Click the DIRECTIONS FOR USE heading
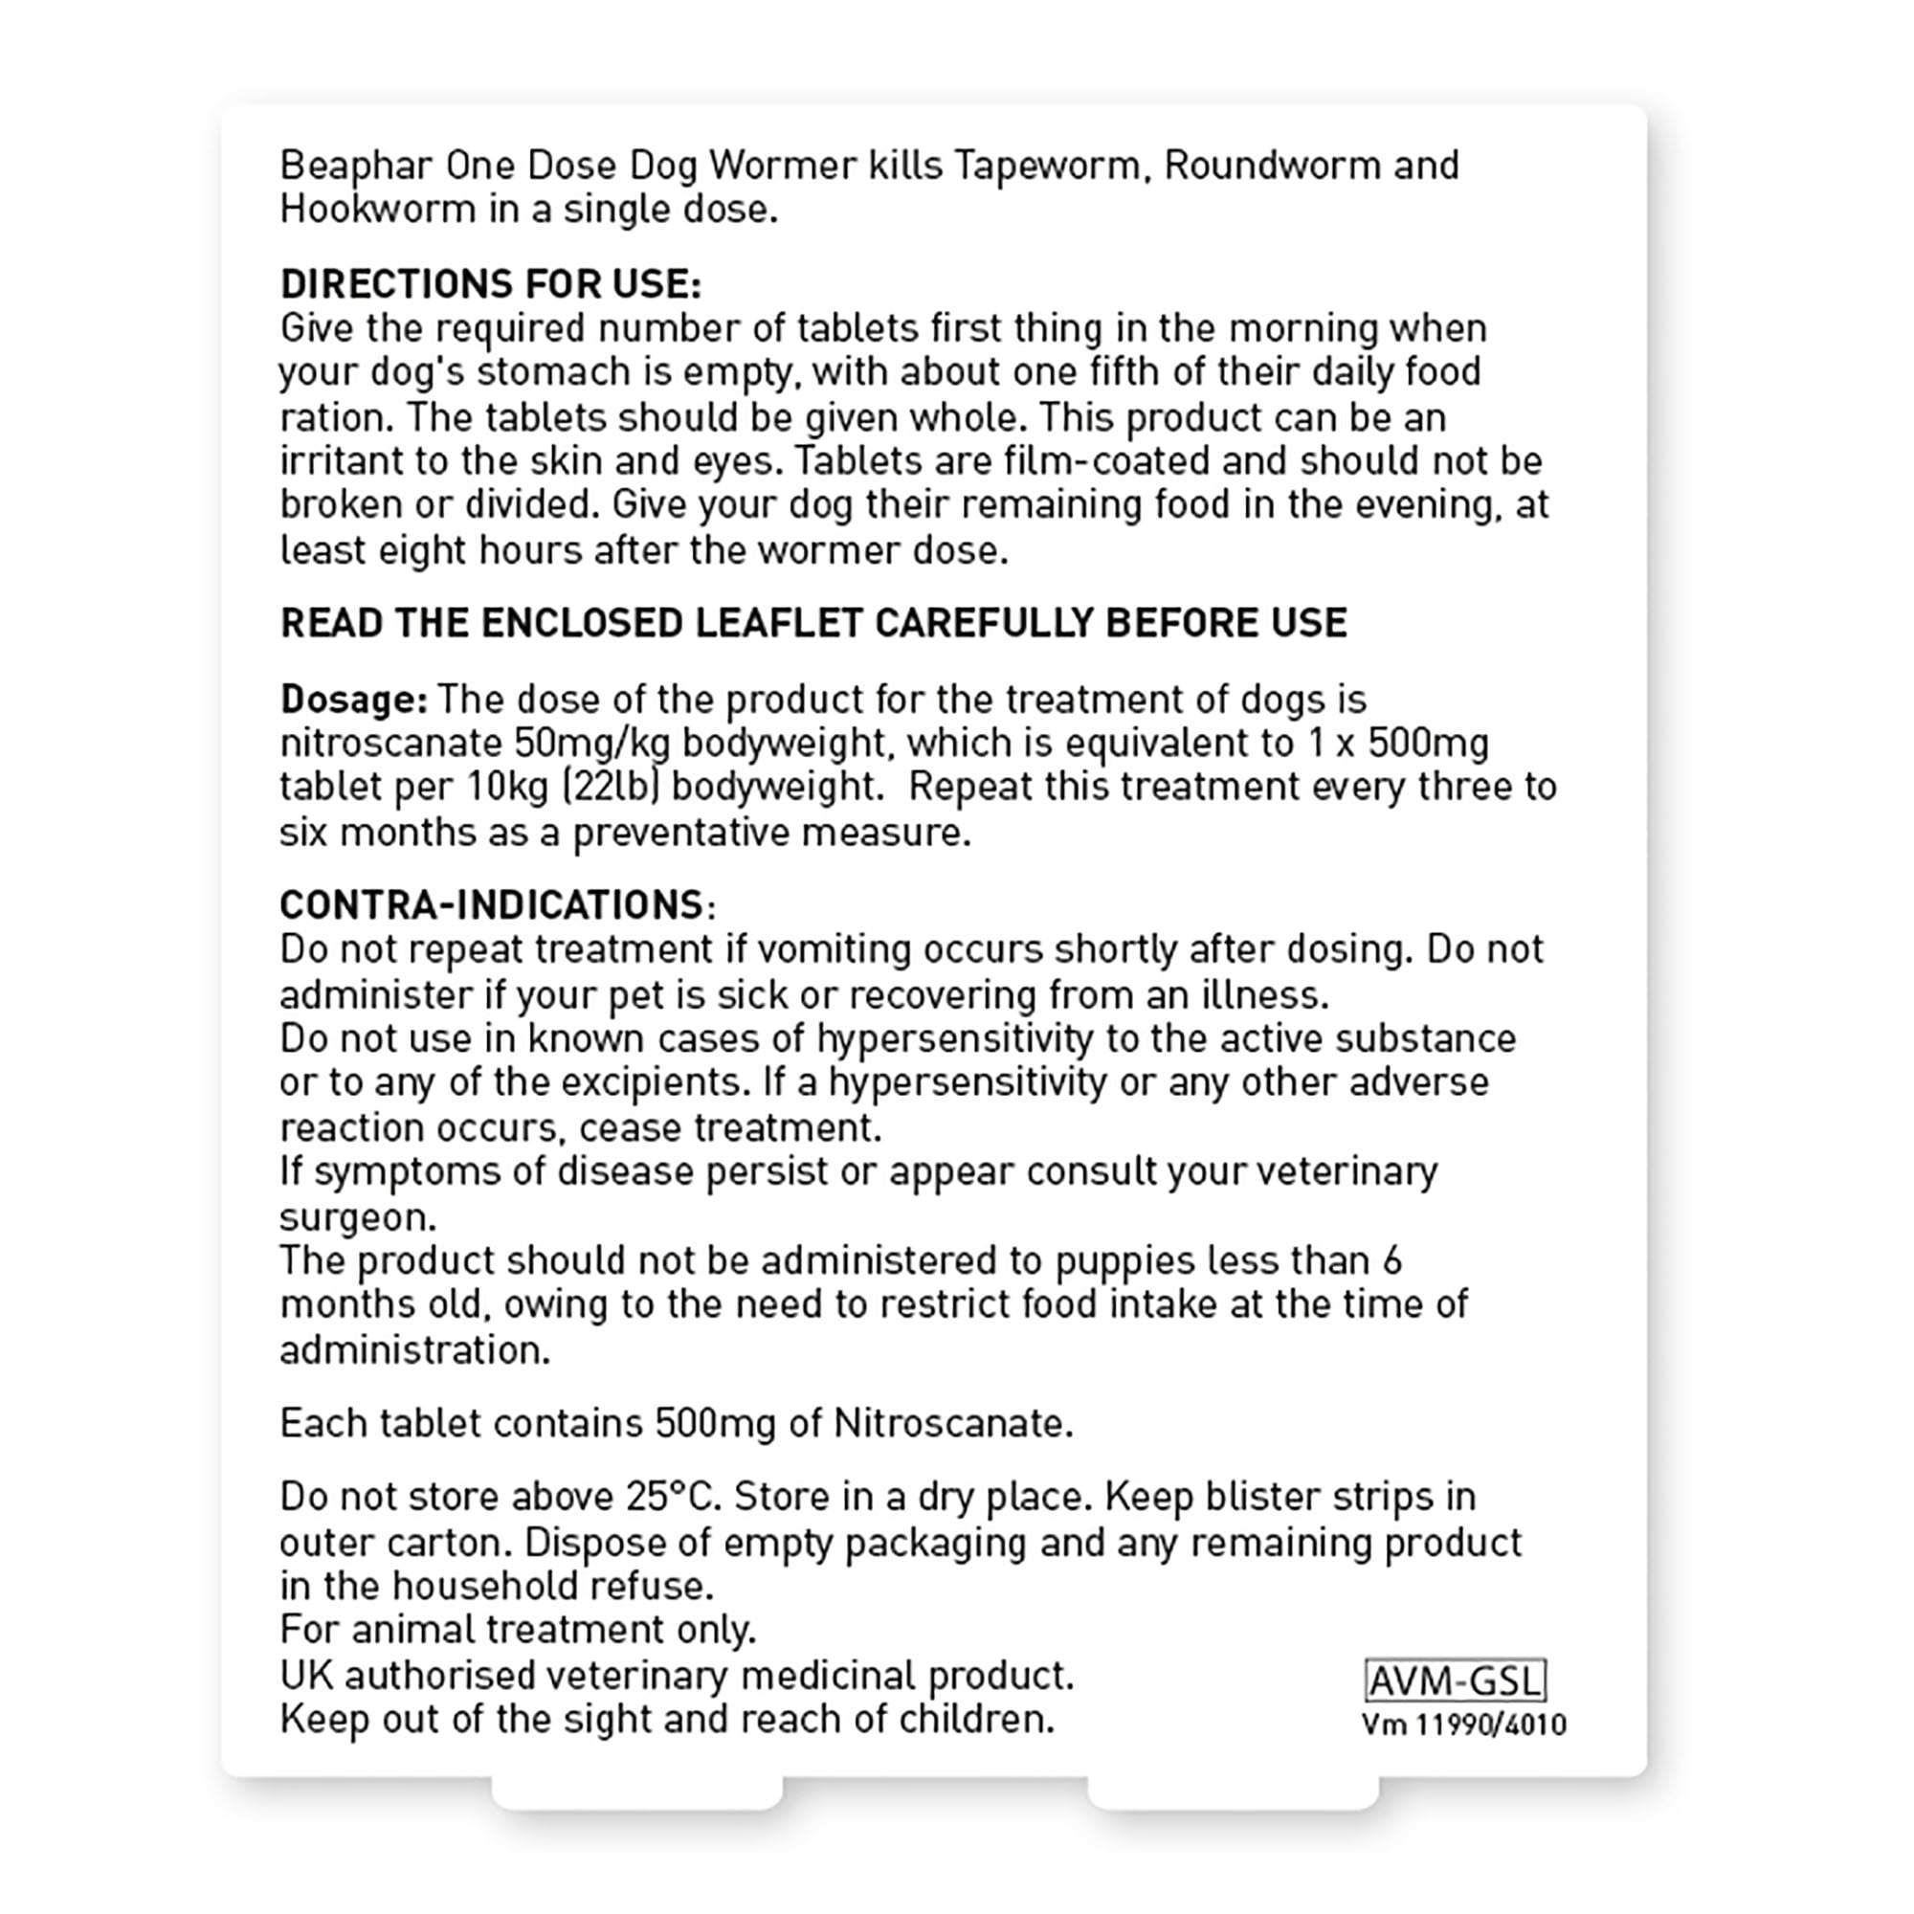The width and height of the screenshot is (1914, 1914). [490, 284]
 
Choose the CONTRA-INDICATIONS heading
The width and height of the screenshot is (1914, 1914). [491, 904]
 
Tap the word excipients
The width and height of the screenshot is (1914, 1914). [651, 1081]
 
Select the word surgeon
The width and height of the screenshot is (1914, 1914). [357, 1215]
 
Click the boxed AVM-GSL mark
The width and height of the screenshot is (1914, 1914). [1455, 1681]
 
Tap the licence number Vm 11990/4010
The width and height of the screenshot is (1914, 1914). [1463, 1725]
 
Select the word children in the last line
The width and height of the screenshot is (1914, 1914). [975, 1719]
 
